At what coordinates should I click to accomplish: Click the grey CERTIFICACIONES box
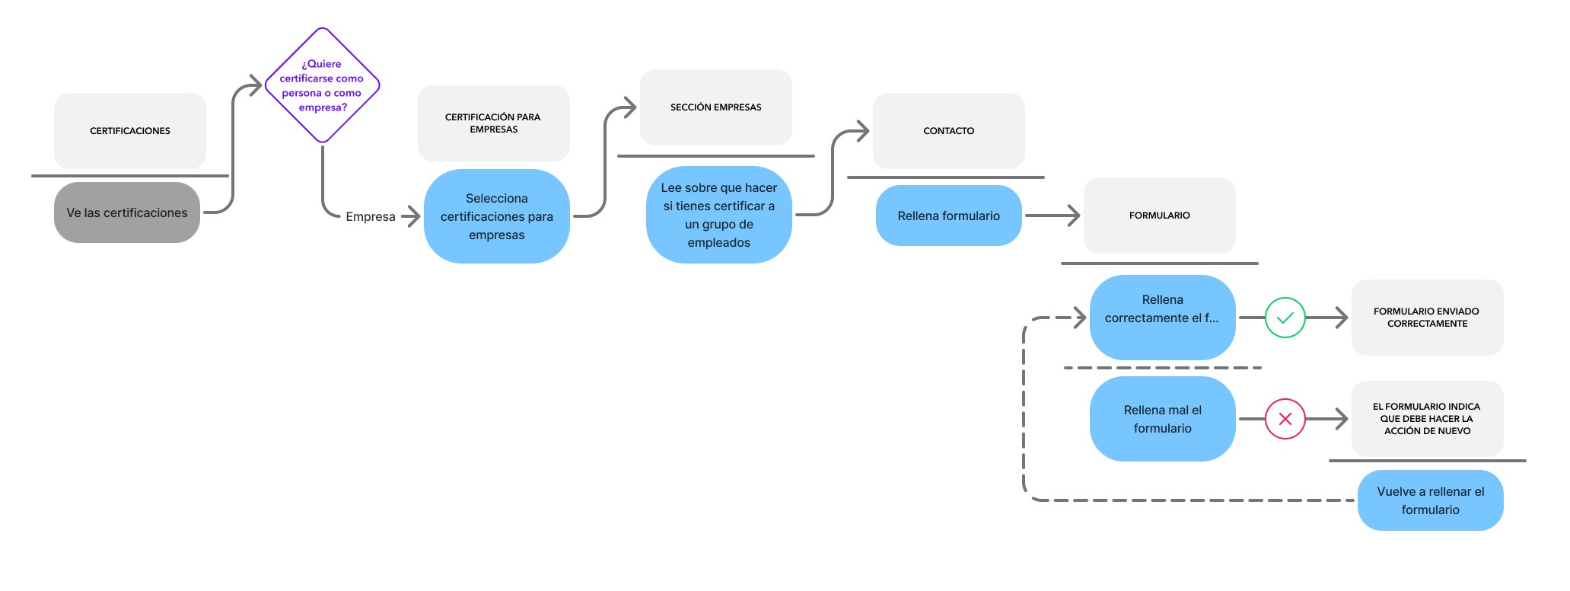[x=130, y=131]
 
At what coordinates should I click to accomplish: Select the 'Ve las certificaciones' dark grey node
[x=127, y=212]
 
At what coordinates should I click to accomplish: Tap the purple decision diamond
[x=322, y=85]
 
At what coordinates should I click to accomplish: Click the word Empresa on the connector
[x=371, y=216]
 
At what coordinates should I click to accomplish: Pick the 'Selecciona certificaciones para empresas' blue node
[x=497, y=216]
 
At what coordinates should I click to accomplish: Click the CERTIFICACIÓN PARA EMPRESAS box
[x=494, y=123]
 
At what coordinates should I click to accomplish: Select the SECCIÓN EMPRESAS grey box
[x=716, y=107]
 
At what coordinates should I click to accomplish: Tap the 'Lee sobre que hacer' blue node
[x=719, y=215]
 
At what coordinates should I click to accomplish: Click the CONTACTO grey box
[x=949, y=131]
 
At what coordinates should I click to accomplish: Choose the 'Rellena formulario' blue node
[x=949, y=216]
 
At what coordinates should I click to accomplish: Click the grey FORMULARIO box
[x=1160, y=216]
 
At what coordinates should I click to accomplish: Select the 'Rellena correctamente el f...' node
[x=1163, y=318]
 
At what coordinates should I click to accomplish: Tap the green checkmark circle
[x=1285, y=318]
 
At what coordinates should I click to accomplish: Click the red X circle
[x=1285, y=419]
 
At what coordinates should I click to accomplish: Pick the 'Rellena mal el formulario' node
[x=1163, y=419]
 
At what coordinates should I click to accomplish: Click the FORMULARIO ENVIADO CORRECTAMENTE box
[x=1428, y=318]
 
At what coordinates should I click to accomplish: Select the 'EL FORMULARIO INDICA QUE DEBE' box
[x=1428, y=419]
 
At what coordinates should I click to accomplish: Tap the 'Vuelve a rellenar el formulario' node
[x=1431, y=500]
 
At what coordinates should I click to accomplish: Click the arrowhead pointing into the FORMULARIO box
[x=1074, y=216]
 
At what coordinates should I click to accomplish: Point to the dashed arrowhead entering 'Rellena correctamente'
[x=1080, y=318]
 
